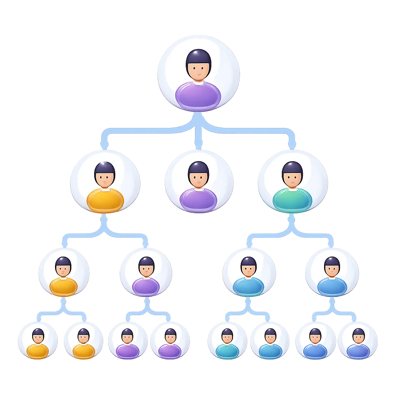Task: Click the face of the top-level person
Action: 198,71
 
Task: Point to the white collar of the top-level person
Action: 198,82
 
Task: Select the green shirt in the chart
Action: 292,200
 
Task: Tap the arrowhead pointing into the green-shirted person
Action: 292,145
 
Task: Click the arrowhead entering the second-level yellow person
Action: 104,145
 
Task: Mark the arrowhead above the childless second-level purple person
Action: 198,146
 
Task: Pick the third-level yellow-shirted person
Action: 64,273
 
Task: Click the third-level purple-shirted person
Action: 146,273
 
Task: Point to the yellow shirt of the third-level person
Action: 64,286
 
